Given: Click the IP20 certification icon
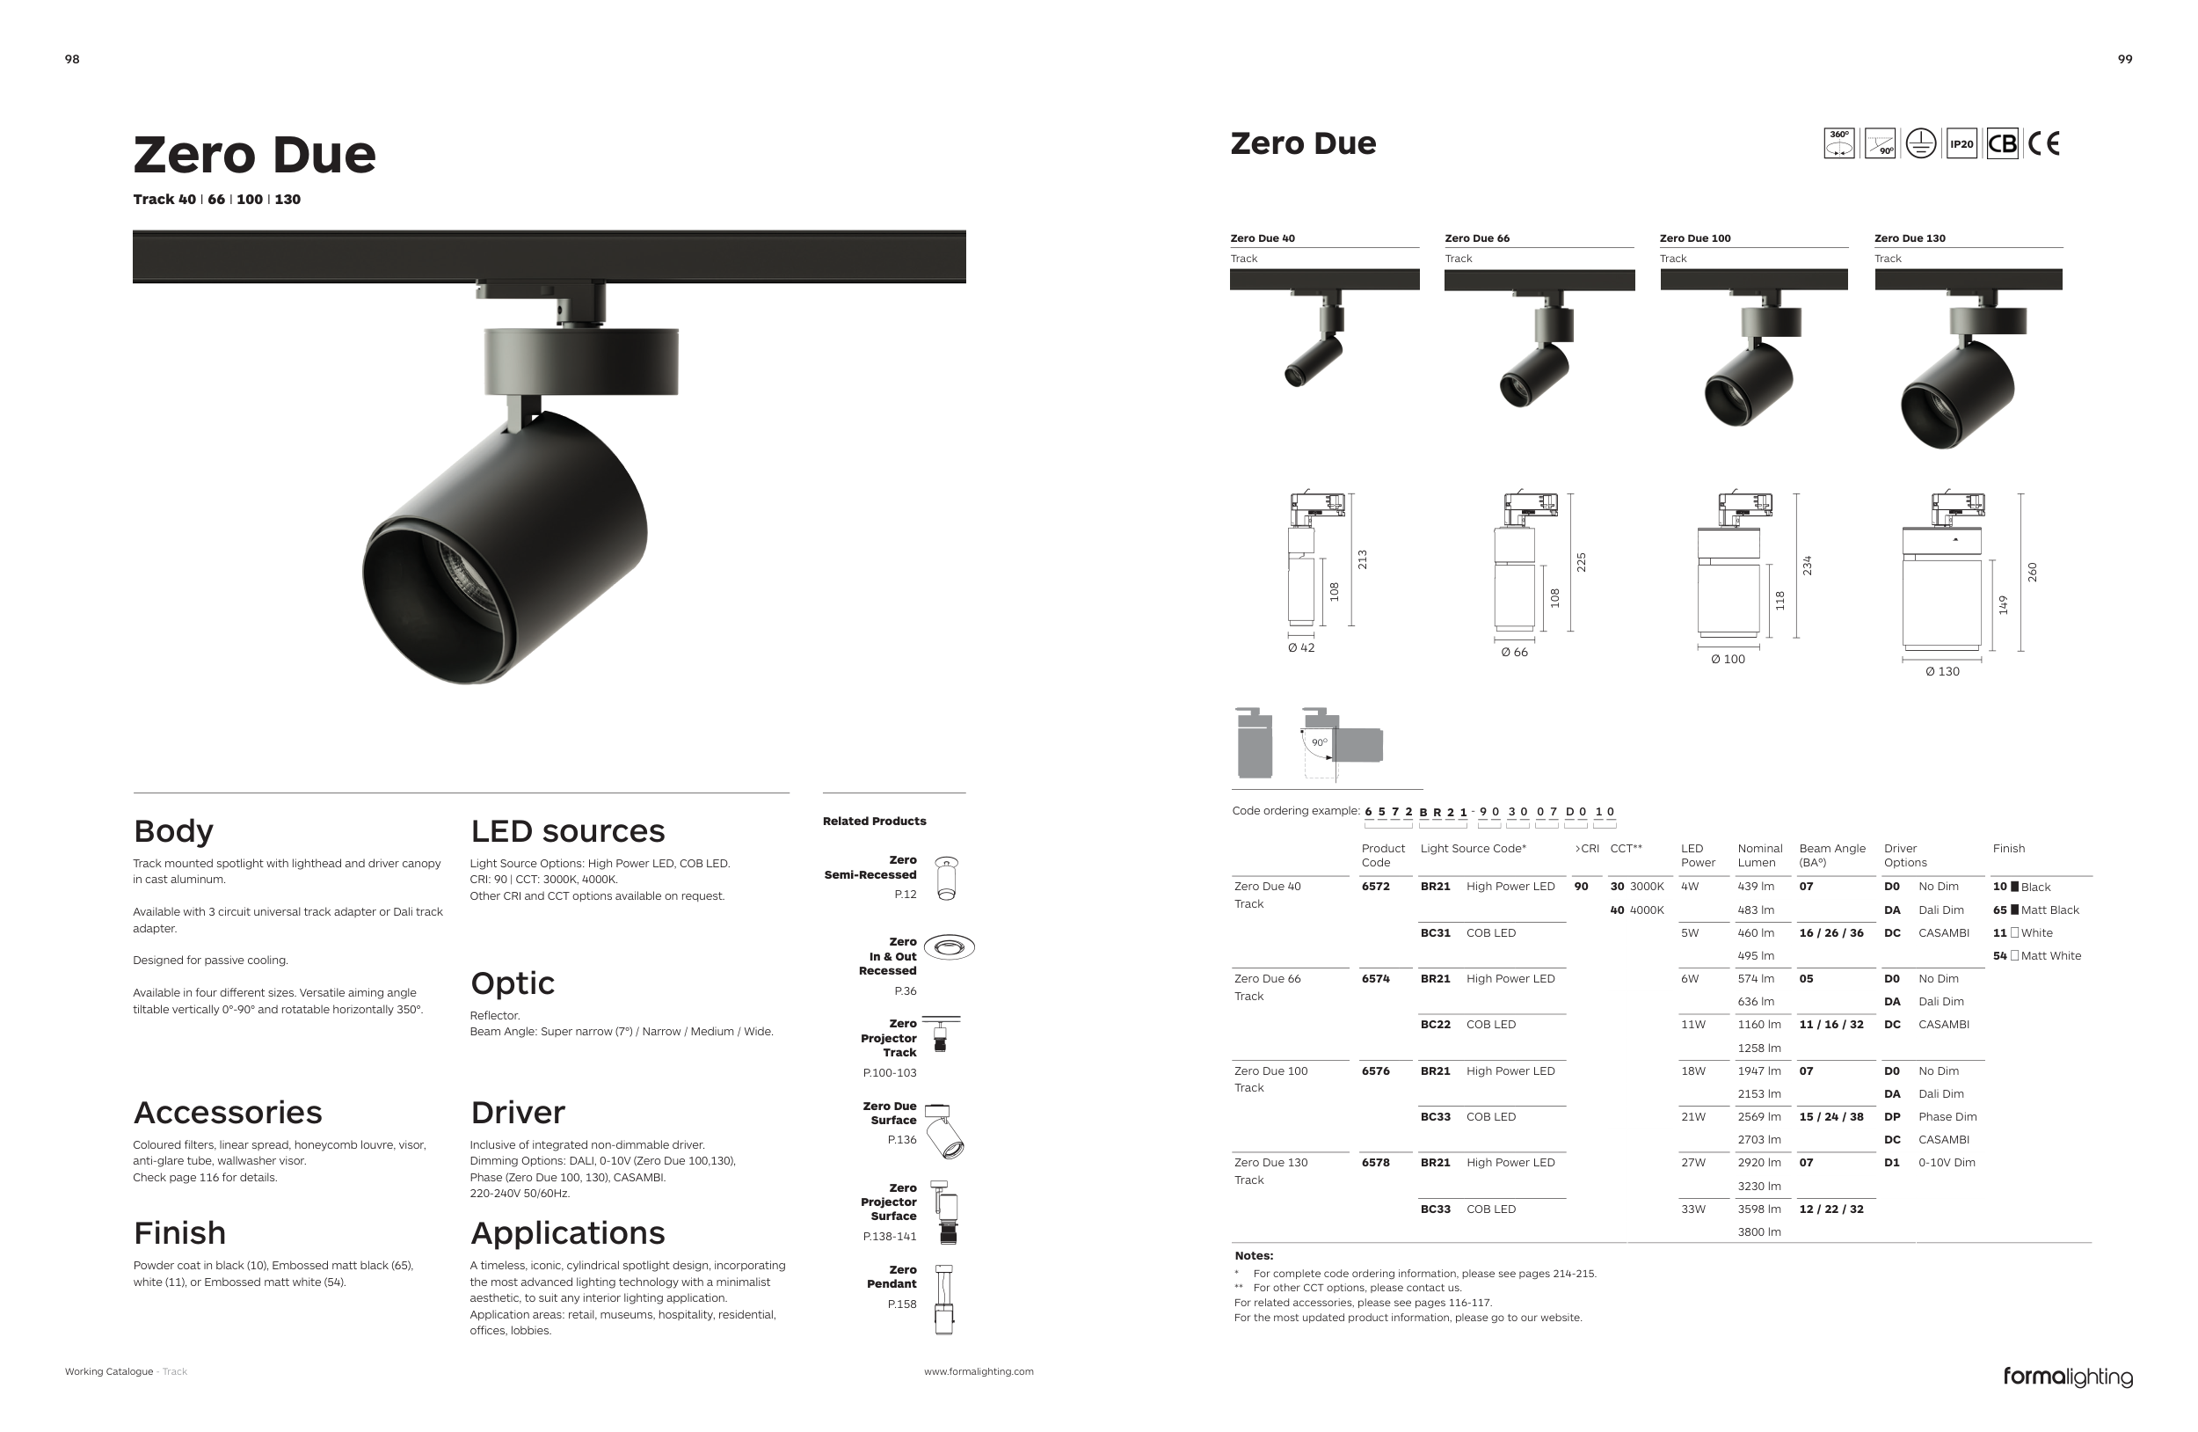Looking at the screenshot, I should pos(1961,144).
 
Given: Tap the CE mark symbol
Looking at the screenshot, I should pos(2043,144).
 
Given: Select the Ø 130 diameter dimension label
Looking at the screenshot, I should pos(1941,672).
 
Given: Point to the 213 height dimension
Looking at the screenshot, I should pos(1362,559).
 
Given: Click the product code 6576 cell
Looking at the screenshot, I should pos(1375,1070).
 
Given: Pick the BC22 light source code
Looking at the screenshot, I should pos(1435,1025).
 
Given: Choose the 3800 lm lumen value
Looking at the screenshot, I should pos(1758,1231).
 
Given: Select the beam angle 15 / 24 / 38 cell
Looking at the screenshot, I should pos(1830,1117).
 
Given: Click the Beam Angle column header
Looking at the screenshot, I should pos(1831,855).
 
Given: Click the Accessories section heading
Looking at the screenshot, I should pos(227,1113).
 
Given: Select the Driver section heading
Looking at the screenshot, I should pos(517,1113).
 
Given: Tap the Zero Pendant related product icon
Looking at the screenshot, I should pos(943,1300).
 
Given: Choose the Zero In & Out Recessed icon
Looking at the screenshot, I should pos(949,947).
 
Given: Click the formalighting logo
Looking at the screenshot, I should pos(2067,1377).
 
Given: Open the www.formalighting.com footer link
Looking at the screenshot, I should pos(978,1372).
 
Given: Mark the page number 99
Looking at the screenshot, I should pos(2125,59).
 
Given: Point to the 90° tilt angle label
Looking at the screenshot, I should pos(1319,742).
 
